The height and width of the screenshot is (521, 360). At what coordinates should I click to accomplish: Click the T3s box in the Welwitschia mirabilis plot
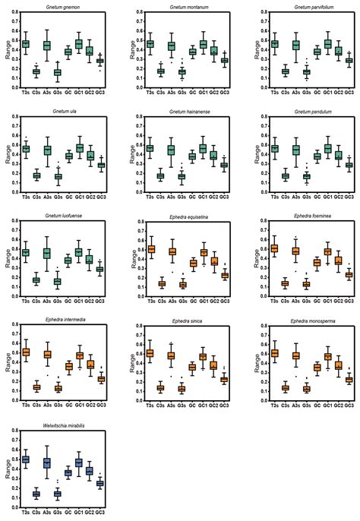26,459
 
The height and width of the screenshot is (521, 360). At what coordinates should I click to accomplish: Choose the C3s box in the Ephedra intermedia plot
36,387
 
